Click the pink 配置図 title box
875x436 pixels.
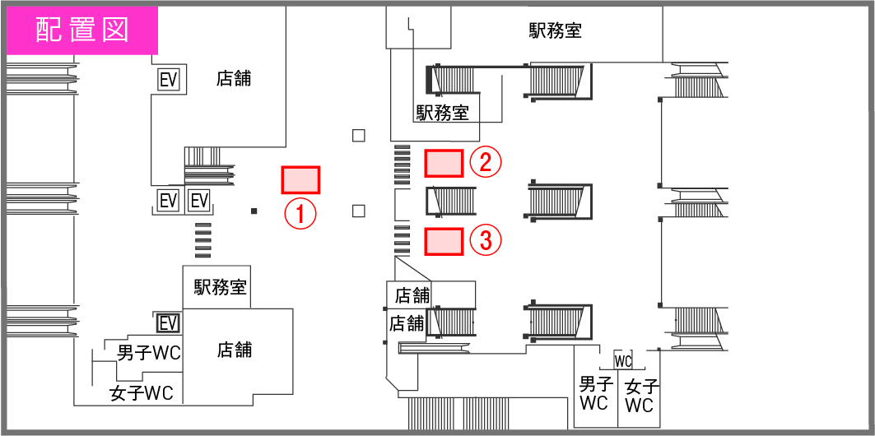81,30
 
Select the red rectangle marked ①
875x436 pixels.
300,179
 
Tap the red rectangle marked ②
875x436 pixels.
444,163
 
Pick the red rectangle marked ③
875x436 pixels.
444,241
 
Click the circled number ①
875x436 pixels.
300,214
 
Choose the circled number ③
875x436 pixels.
486,241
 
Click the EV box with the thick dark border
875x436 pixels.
168,323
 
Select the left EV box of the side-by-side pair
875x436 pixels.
168,201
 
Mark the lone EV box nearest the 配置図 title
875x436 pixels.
170,80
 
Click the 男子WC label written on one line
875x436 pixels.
149,354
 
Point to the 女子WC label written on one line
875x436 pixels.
142,393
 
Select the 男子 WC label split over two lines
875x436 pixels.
593,393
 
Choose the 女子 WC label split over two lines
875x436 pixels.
640,395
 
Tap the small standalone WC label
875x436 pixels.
622,361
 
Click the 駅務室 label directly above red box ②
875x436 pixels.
442,113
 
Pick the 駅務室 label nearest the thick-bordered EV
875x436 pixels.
221,287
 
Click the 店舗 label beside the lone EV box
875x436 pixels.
234,79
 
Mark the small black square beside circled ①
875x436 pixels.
254,211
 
